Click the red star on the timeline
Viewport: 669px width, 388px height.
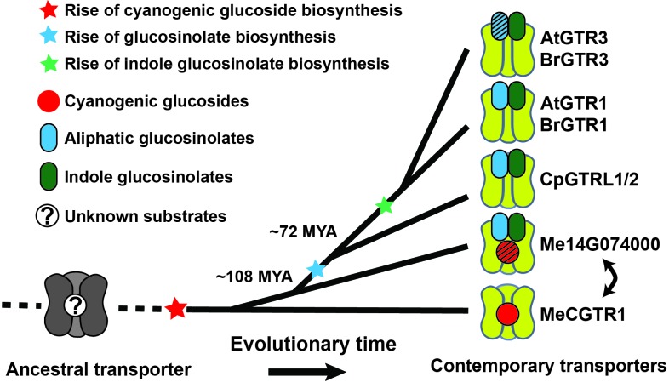click(176, 308)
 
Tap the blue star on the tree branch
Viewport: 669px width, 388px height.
click(316, 269)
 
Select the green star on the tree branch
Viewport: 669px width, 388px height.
click(384, 206)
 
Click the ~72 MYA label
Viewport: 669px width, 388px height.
click(303, 232)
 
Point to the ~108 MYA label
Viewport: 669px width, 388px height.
click(254, 277)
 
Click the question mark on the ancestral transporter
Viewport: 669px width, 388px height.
click(77, 305)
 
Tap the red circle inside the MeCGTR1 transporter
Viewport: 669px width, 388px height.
click(508, 314)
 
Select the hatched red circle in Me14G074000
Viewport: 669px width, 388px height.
click(508, 252)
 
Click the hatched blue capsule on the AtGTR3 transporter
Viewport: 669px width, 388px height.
click(499, 26)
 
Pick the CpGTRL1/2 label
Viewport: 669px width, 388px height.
click(589, 180)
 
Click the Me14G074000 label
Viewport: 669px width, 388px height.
click(600, 244)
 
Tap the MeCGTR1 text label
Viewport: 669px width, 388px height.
click(582, 315)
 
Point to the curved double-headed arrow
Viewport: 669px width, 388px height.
click(613, 279)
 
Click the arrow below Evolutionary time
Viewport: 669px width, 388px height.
click(306, 372)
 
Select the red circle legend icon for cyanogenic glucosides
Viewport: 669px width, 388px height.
click(49, 101)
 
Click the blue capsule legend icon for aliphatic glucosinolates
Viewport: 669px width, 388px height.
click(49, 138)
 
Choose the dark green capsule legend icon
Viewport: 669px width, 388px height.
click(49, 176)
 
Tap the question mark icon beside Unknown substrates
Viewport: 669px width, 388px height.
click(47, 216)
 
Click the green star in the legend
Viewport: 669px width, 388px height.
click(49, 63)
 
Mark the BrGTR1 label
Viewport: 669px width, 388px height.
click(574, 125)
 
